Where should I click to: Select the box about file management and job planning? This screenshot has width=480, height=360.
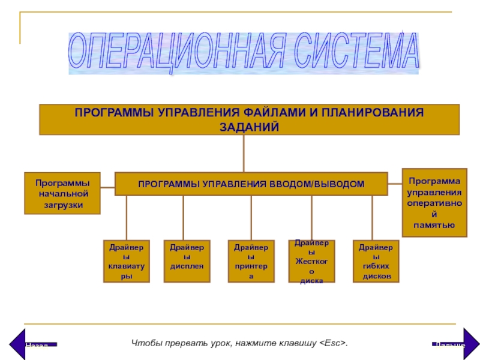tap(249, 119)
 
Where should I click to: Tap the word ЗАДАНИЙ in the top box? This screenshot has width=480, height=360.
tap(249, 127)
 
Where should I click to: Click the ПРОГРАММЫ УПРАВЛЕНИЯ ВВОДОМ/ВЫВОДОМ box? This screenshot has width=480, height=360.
tap(251, 184)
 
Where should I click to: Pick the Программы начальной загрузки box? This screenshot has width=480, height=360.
tap(62, 193)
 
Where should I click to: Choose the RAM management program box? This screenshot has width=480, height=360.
tap(434, 203)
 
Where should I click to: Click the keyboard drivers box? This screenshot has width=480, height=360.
tap(125, 262)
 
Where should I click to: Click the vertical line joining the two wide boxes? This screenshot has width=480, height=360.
tap(244, 153)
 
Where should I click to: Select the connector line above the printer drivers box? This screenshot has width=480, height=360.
tap(251, 217)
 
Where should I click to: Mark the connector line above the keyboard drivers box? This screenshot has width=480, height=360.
tap(126, 217)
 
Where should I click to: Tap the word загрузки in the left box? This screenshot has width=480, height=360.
tap(62, 204)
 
